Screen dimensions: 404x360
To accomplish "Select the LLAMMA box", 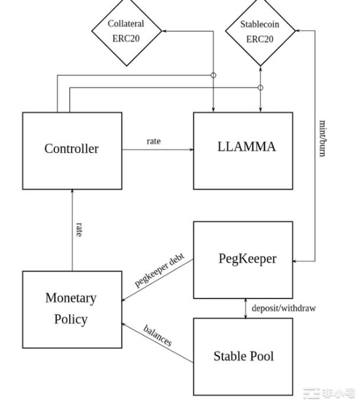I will pyautogui.click(x=243, y=150).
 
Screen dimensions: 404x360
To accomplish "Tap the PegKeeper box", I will pyautogui.click(x=243, y=260).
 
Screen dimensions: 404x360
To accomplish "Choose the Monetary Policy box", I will pyautogui.click(x=72, y=309).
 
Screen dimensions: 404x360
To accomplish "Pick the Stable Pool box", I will pyautogui.click(x=243, y=357).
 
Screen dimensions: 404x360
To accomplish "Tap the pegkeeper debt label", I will pyautogui.click(x=159, y=270).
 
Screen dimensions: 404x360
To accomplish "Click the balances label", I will pyautogui.click(x=158, y=335).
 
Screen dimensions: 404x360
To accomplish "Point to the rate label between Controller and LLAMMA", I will pyautogui.click(x=153, y=141).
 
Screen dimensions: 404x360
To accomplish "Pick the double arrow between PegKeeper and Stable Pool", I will pyautogui.click(x=246, y=308).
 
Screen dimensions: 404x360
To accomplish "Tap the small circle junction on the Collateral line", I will pyautogui.click(x=214, y=75).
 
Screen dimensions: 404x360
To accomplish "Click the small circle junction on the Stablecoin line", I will pyautogui.click(x=260, y=88).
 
